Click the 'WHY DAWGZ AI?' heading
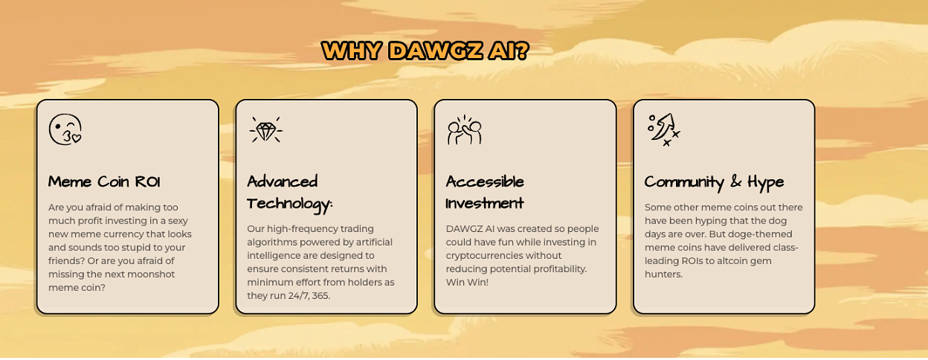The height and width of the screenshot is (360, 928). coord(425,51)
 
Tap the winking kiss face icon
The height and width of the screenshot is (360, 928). coord(65,129)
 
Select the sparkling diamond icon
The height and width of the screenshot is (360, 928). coord(265,129)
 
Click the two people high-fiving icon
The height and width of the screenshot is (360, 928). coord(465,129)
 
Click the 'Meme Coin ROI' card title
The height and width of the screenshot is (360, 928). coord(104,182)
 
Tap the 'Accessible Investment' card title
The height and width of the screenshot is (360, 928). coord(485,193)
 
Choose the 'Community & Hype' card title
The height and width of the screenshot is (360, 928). coord(714,183)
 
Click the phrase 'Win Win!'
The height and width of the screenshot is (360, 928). coord(467,282)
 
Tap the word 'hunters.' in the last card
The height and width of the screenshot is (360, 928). coord(663,274)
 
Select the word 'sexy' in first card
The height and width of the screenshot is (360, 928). coord(178,221)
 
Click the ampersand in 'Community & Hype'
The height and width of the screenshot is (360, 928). coord(735,181)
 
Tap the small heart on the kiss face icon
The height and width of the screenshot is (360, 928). coord(77,139)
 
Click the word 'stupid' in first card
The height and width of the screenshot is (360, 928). coord(146,248)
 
